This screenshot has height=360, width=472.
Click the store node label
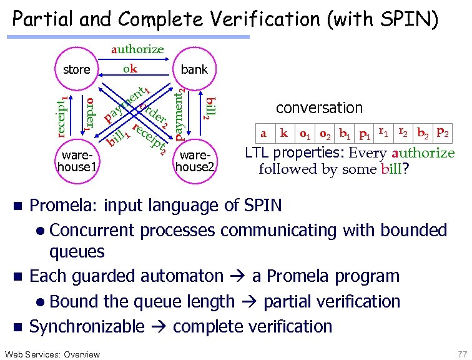click(x=77, y=69)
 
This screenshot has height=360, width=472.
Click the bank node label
click(x=194, y=69)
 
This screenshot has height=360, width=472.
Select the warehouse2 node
click(x=195, y=161)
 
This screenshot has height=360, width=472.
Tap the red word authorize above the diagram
click(x=137, y=49)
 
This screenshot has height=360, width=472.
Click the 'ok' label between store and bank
click(x=130, y=69)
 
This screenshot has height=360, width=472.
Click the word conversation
click(x=319, y=107)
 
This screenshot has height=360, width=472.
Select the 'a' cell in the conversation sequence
click(x=263, y=133)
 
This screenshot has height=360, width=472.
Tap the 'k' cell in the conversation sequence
click(x=284, y=133)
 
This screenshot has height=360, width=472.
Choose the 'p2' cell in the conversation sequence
click(x=441, y=132)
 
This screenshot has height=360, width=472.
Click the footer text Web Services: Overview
click(x=51, y=354)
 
